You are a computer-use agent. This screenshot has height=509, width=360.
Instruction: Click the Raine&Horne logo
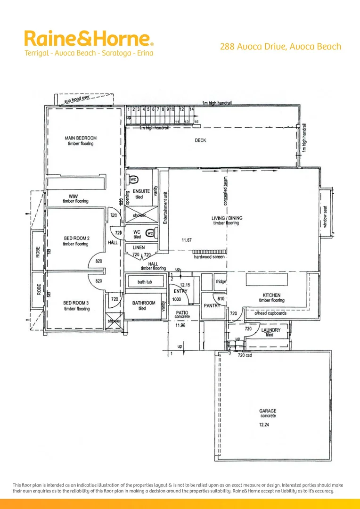click(x=89, y=38)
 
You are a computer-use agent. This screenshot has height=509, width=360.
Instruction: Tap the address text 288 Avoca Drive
click(x=280, y=47)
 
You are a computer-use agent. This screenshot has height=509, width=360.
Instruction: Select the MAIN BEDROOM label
click(x=81, y=138)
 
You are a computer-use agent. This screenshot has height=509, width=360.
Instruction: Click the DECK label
click(x=200, y=140)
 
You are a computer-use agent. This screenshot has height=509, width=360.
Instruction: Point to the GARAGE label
click(x=268, y=411)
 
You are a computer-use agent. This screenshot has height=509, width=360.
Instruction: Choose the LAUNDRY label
click(x=270, y=330)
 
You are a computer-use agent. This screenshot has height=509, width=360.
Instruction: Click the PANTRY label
click(x=212, y=305)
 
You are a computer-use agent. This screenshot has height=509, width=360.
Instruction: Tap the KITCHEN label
click(x=271, y=295)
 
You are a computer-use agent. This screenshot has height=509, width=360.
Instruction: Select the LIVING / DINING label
click(x=226, y=218)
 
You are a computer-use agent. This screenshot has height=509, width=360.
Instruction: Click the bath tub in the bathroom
click(x=146, y=282)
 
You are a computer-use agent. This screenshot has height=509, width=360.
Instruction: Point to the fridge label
click(x=221, y=282)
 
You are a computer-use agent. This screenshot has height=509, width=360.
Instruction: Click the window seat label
click(x=325, y=217)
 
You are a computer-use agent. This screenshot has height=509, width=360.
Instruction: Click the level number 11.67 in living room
click(x=187, y=240)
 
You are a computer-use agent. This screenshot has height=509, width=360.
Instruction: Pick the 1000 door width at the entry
click(x=177, y=299)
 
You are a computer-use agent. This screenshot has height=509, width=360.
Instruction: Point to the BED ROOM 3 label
click(x=76, y=303)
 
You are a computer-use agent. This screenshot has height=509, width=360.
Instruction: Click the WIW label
click(x=73, y=196)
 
